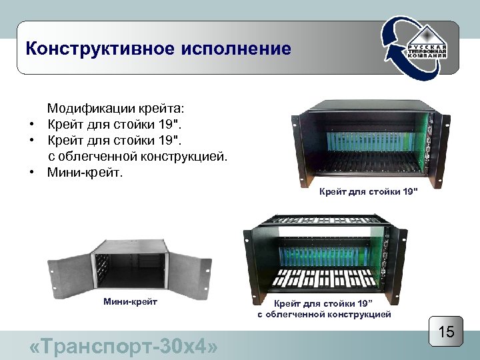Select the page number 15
click(x=445, y=331)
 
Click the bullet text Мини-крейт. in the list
click(x=85, y=173)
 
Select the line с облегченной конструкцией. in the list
click(x=137, y=157)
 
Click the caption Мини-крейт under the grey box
click(x=130, y=302)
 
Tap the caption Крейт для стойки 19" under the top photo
click(x=368, y=193)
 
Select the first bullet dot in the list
click(x=31, y=125)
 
